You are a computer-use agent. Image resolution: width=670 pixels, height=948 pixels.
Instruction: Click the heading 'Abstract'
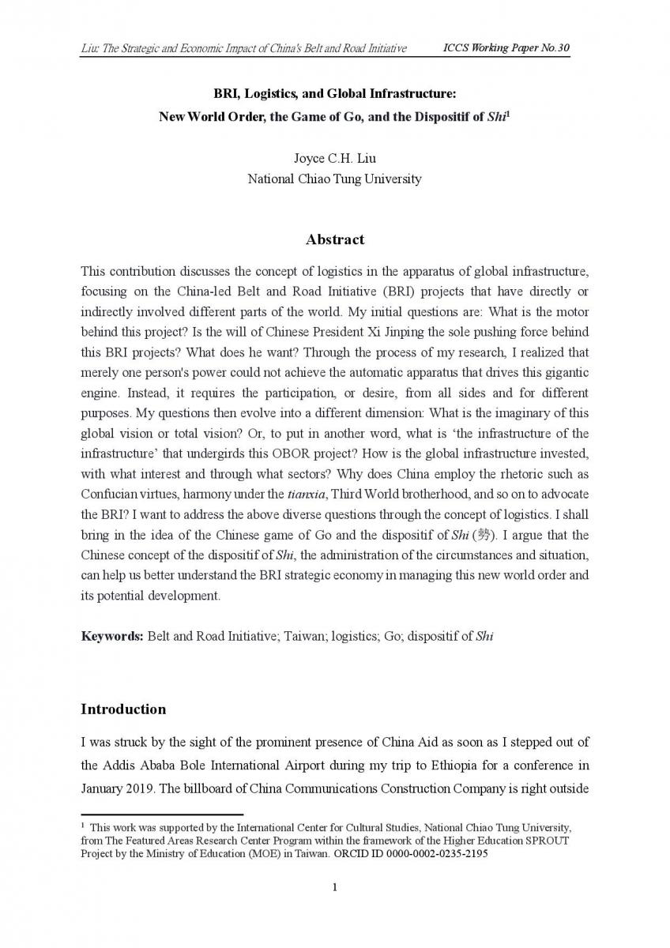[x=335, y=239]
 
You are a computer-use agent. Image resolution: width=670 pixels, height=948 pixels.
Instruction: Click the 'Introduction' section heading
[x=123, y=709]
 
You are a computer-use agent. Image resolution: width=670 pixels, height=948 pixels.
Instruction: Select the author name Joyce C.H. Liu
[x=334, y=159]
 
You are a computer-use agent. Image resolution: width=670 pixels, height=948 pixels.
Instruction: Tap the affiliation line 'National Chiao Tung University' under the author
[x=334, y=179]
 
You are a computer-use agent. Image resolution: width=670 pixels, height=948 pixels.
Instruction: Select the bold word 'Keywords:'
[x=111, y=636]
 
